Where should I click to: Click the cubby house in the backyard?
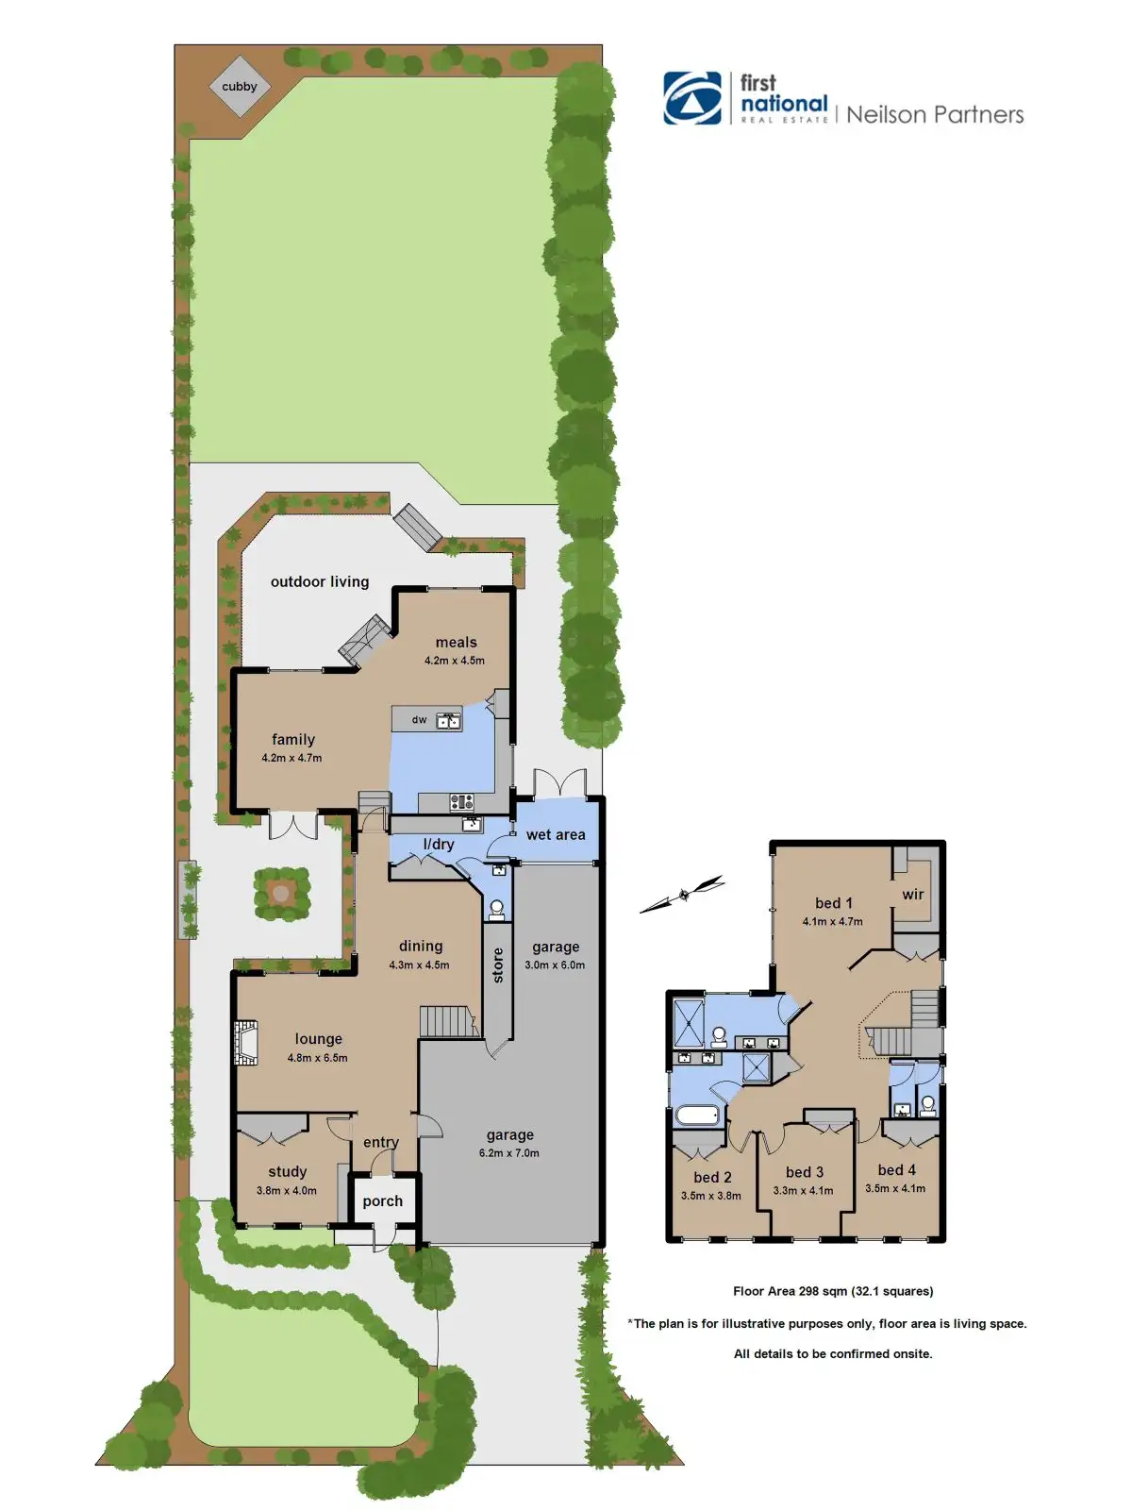coord(240,87)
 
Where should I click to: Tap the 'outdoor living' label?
coord(320,582)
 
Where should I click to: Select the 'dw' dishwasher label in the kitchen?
coord(419,719)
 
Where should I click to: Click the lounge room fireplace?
coord(246,1043)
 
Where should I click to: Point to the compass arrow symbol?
coord(682,895)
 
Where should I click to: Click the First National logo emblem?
coord(692,98)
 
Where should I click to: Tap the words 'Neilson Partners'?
coord(935,114)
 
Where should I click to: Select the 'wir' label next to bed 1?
coord(913,895)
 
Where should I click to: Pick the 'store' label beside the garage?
coord(498,965)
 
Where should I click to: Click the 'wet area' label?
coord(556,834)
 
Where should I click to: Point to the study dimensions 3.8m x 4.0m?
coord(287,1191)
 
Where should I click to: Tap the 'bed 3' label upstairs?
coord(804,1171)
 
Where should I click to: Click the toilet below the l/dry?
coord(497,910)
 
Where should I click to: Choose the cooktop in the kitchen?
coord(462,800)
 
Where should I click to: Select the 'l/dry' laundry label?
coord(439,844)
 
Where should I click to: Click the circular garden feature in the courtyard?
coord(280,894)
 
